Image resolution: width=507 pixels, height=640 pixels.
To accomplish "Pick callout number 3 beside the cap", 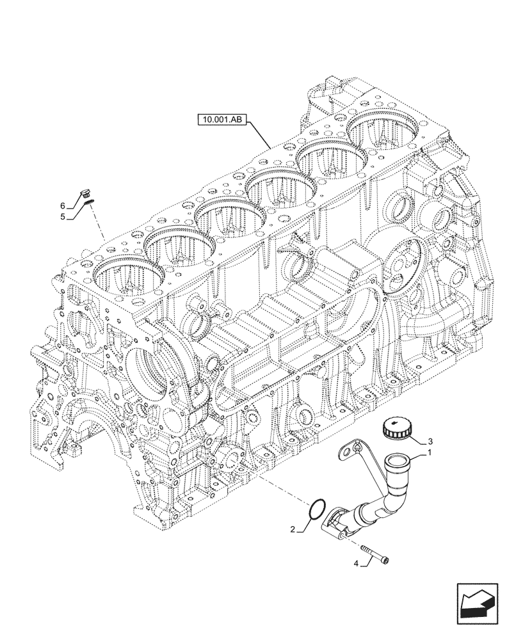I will coord(430,441).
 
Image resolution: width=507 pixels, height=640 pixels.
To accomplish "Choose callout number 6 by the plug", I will coord(63,205).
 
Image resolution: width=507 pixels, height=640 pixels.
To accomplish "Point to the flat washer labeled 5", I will coord(88,202).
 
